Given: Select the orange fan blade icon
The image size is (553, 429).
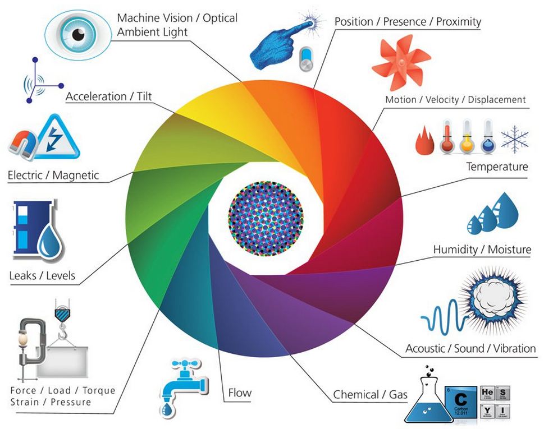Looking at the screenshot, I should click(x=400, y=59).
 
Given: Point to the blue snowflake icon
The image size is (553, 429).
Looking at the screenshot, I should click(x=514, y=139).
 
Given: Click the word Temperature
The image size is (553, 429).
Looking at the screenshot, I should click(x=497, y=167).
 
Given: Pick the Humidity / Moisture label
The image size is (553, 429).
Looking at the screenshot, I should click(x=482, y=249).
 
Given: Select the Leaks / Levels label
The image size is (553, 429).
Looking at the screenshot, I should click(x=42, y=275).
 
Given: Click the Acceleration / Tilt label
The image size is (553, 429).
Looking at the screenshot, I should click(x=104, y=96).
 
